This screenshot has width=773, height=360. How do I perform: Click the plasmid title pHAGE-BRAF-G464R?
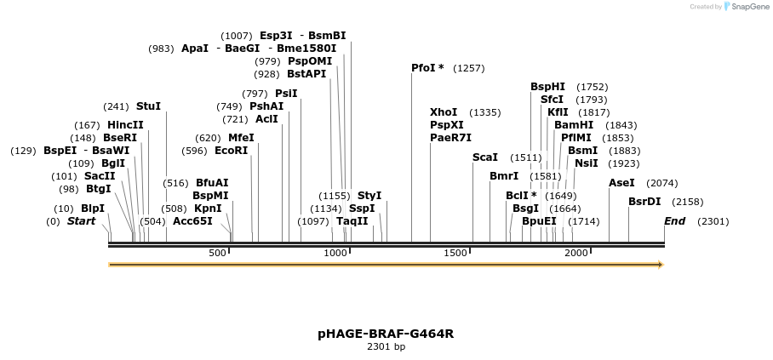(x=386, y=334)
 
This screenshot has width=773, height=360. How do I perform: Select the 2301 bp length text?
(x=386, y=347)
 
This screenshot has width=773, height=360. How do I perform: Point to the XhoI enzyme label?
(x=444, y=112)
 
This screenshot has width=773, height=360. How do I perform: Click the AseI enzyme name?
(x=621, y=183)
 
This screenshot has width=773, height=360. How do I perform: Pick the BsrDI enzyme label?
(x=644, y=202)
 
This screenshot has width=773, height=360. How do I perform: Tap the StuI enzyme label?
(x=148, y=106)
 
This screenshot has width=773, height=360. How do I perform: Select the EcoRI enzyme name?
(x=232, y=151)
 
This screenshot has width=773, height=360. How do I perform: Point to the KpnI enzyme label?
(x=208, y=208)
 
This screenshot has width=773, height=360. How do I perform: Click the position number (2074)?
(x=662, y=183)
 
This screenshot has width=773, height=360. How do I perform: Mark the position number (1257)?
(x=468, y=68)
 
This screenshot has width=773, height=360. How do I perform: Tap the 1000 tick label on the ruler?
(x=338, y=253)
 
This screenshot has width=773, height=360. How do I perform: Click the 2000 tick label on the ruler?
(x=576, y=253)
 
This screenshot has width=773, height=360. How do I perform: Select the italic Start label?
(x=81, y=221)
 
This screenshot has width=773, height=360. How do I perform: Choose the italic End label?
(x=675, y=221)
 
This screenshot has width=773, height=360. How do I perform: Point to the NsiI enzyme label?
(x=587, y=163)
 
